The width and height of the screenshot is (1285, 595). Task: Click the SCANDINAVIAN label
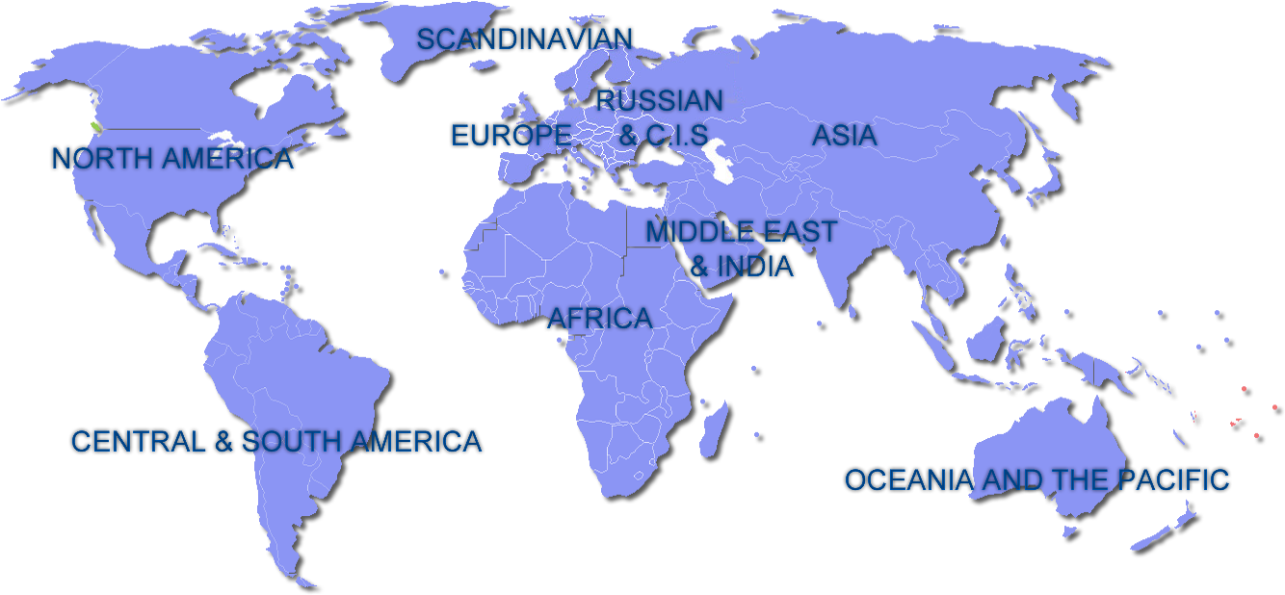[x=525, y=39]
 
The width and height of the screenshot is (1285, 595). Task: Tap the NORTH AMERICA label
[x=172, y=159]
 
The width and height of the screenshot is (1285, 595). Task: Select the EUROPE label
[x=511, y=136]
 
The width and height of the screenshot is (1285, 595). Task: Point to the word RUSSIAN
[x=659, y=100]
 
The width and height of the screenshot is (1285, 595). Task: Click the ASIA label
[x=844, y=136]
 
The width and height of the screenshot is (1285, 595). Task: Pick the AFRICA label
[x=599, y=319]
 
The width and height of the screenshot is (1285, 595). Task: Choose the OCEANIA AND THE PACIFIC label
[x=1036, y=479]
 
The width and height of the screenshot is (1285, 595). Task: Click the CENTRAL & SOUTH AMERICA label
[x=276, y=442]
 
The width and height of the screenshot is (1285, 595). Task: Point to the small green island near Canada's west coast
[x=95, y=126]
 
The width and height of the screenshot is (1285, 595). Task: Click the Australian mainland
[x=1050, y=453]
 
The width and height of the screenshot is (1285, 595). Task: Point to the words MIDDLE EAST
[x=741, y=232]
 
